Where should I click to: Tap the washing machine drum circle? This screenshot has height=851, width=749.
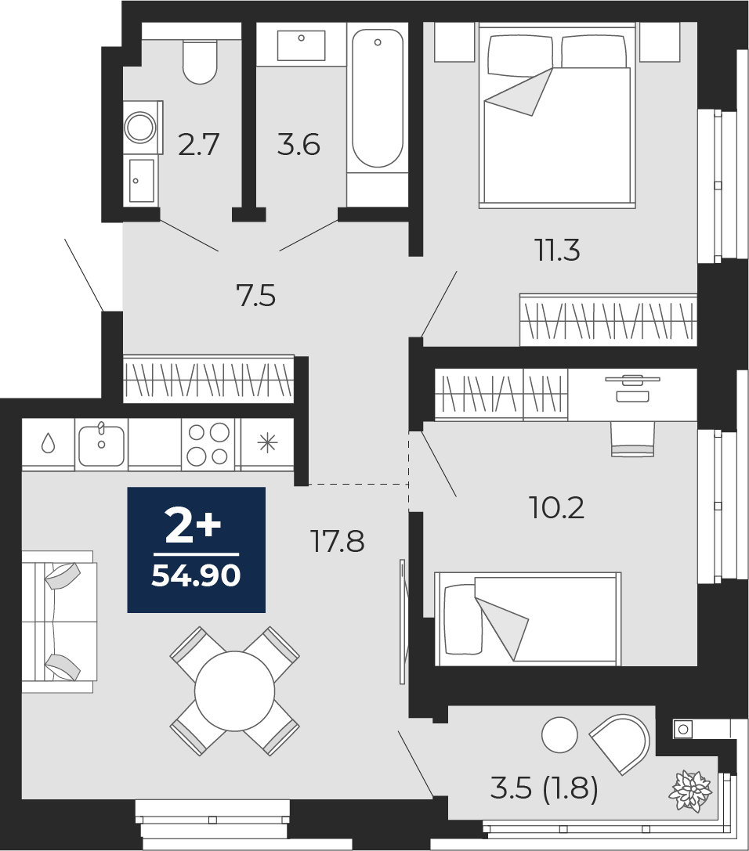pos(140,127)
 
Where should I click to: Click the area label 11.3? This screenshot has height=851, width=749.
pos(559,251)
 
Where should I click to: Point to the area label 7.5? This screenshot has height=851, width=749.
pos(255,297)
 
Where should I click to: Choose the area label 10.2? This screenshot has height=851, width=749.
pos(556,508)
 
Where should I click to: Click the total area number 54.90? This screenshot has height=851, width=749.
pos(196,576)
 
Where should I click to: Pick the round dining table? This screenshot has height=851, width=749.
pos(234,691)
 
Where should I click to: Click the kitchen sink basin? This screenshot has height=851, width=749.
pos(102,445)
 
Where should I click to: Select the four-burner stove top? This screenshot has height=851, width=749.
pos(208,445)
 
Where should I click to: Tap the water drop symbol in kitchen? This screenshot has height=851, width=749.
pos(49,443)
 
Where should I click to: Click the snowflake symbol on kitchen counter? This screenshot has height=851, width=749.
pos(267,443)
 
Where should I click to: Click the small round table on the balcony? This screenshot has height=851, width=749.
pos(559,735)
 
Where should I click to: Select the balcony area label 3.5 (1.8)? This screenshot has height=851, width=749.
pos(545,788)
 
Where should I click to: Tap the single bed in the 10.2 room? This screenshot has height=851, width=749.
pos(527,618)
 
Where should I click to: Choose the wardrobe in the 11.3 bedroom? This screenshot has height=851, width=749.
pos(608,319)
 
